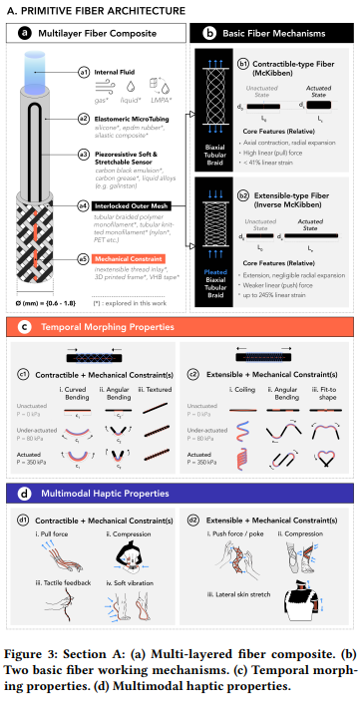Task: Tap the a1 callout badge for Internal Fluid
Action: pyautogui.click(x=84, y=72)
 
